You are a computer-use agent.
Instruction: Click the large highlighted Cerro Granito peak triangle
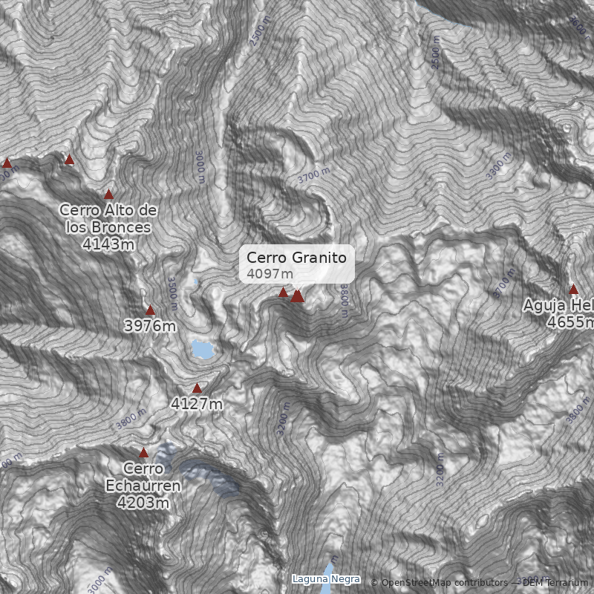(x=298, y=296)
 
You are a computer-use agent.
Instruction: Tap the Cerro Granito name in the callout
(x=296, y=258)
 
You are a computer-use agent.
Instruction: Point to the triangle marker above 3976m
(x=150, y=310)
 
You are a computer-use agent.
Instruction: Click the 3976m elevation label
(x=150, y=326)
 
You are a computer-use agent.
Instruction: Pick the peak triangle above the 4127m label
(x=197, y=388)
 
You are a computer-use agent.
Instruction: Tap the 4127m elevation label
(x=197, y=405)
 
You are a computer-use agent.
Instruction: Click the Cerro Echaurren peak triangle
(x=143, y=452)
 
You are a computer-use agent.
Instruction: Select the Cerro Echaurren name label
(x=143, y=477)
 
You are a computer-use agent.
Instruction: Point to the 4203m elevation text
(x=143, y=503)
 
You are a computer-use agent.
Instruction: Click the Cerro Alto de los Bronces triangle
(x=108, y=194)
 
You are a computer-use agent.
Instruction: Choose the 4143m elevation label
(x=108, y=244)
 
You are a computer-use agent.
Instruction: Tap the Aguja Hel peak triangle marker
(x=573, y=289)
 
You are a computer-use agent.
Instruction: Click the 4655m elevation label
(x=570, y=322)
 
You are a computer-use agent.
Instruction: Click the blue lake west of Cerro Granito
(x=200, y=349)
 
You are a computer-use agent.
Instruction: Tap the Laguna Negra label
(x=326, y=579)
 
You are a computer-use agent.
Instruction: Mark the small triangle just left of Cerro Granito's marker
(x=283, y=293)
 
